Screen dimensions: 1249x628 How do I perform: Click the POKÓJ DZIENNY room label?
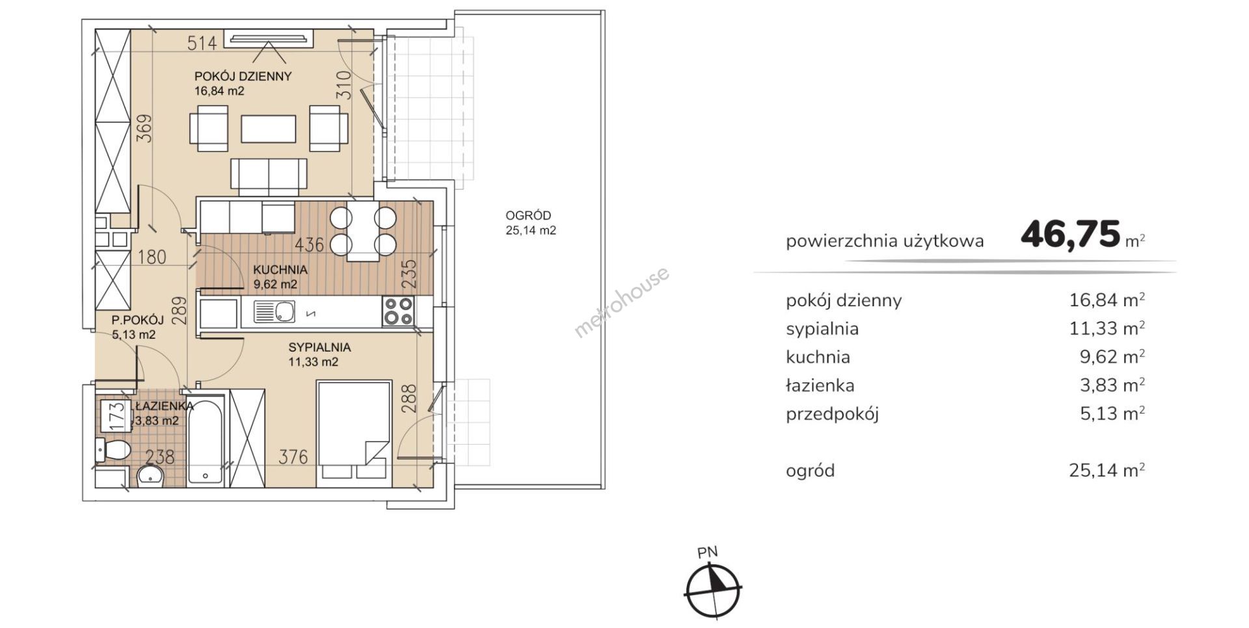click(243, 76)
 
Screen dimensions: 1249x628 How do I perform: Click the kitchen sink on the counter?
click(275, 312)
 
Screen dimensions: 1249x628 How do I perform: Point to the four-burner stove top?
click(398, 311)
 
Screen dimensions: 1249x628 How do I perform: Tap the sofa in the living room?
click(269, 176)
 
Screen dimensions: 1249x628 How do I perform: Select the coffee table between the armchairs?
click(268, 129)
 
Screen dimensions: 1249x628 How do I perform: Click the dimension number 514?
click(202, 44)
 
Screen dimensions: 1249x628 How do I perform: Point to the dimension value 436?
click(309, 245)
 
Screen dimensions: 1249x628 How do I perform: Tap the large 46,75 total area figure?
click(1071, 235)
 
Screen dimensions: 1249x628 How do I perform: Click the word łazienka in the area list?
click(820, 386)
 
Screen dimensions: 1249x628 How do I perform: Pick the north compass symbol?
click(713, 590)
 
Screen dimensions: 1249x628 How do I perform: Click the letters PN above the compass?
click(707, 553)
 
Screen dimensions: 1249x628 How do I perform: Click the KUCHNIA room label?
click(280, 270)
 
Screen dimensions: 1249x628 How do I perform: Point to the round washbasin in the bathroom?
click(152, 476)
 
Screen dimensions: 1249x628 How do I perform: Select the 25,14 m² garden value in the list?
click(1107, 470)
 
